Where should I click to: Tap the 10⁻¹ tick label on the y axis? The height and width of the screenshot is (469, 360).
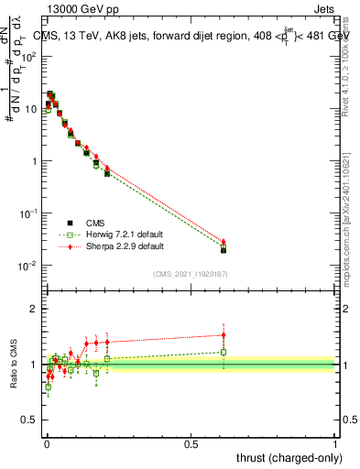click(x=28, y=213)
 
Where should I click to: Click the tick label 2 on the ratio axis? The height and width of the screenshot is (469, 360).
click(x=34, y=309)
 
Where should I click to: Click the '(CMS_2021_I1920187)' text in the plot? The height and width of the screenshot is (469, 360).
click(x=191, y=274)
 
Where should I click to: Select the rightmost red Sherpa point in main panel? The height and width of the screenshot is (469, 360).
click(x=224, y=242)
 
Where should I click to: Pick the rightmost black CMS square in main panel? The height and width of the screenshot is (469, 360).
click(x=224, y=250)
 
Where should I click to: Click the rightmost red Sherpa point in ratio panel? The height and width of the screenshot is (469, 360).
click(x=224, y=335)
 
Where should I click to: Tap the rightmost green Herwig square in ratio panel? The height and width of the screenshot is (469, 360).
click(x=224, y=352)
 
